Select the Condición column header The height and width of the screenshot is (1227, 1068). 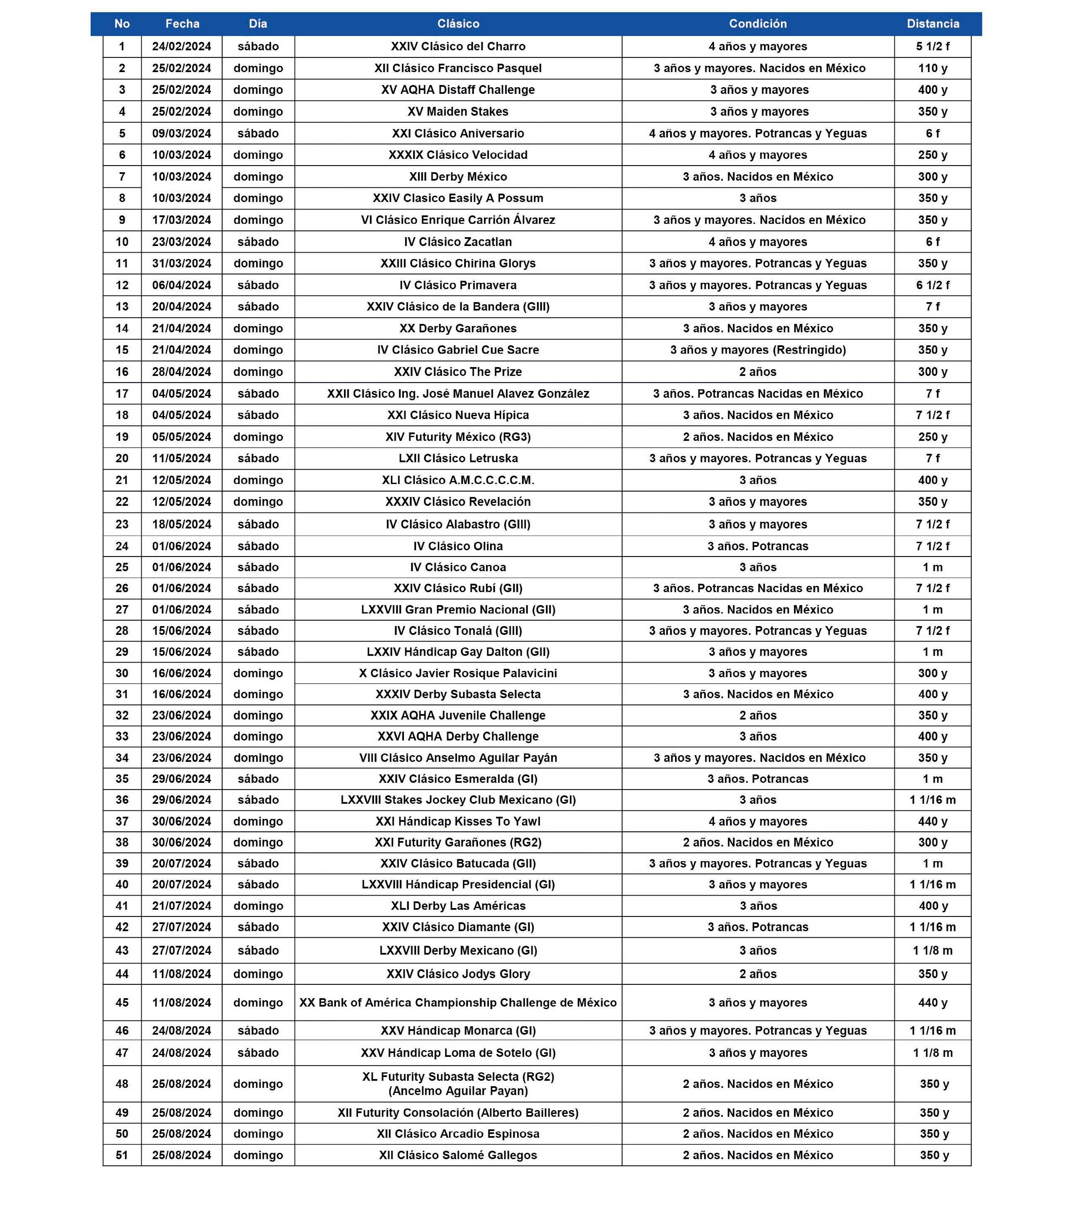click(x=758, y=24)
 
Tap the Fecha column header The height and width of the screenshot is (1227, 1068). click(x=182, y=24)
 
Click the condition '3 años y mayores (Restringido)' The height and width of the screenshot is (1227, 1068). click(x=758, y=350)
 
